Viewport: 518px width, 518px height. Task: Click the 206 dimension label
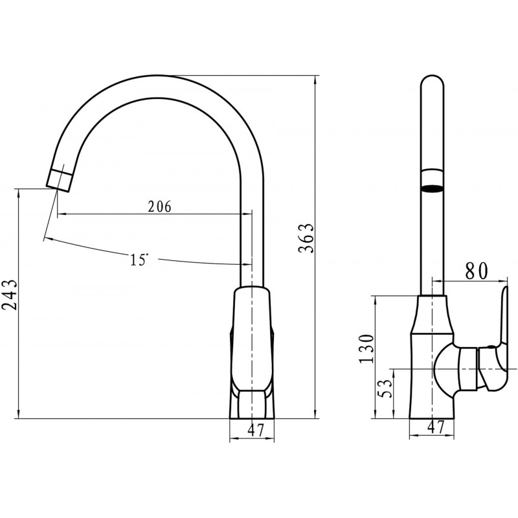pos(159,207)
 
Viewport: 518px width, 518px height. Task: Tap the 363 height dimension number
pos(306,238)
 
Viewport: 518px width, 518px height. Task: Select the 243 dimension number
pos(9,295)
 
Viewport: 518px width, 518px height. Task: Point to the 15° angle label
pos(139,260)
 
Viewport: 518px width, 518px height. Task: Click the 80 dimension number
pos(477,271)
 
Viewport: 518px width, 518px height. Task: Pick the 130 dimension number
pos(366,349)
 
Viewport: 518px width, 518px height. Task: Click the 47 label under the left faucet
pos(256,430)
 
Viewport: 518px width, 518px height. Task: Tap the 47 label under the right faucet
pos(436,427)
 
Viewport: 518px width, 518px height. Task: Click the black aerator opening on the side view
pos(432,188)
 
